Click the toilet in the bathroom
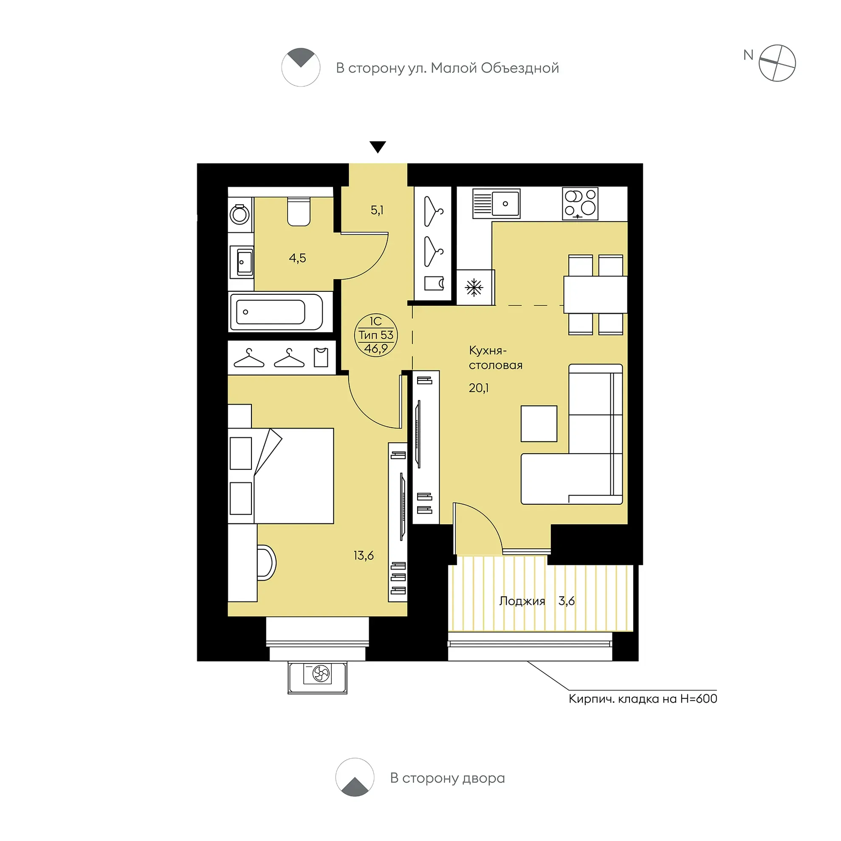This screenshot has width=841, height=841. (299, 212)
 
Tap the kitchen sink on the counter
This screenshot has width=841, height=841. (496, 203)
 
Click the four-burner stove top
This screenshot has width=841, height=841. (580, 203)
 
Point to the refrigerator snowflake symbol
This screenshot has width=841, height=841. (474, 288)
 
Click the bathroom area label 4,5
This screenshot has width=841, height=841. (297, 258)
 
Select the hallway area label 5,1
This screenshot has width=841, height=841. (377, 211)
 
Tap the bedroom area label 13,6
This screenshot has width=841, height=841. (364, 556)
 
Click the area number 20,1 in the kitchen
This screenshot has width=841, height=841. (478, 387)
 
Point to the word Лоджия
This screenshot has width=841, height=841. (522, 601)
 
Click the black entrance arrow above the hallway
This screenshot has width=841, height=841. (378, 147)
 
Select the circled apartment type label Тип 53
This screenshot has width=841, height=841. (375, 335)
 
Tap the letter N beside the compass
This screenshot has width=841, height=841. (748, 55)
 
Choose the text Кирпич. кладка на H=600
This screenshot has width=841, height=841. (643, 699)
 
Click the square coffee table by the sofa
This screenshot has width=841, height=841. (539, 423)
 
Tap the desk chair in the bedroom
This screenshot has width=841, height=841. (266, 563)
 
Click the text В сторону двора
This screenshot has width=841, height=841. (448, 778)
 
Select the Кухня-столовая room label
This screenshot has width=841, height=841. (496, 357)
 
